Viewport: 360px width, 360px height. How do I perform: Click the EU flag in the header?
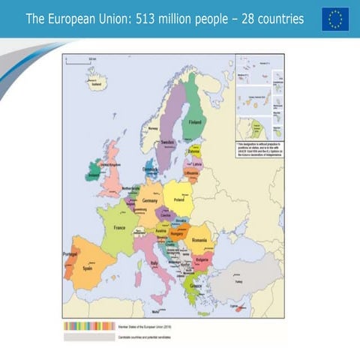[335, 19]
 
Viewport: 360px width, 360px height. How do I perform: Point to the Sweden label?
[167, 141]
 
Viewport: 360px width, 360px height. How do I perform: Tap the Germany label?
[150, 201]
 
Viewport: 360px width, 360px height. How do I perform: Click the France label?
[119, 227]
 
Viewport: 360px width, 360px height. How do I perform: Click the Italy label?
[155, 264]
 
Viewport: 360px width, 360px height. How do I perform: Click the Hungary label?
[178, 233]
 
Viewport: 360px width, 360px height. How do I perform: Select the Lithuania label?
[191, 173]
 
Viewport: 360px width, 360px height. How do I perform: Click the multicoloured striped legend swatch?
[89, 326]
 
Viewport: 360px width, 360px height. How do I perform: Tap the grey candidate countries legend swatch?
[89, 337]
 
